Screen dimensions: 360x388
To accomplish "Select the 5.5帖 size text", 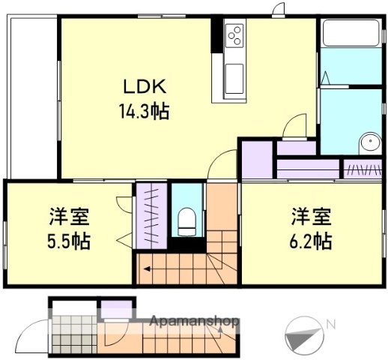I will (x=70, y=242).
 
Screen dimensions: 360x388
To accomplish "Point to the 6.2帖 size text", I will (x=311, y=242).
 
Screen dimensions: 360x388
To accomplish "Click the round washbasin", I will (x=369, y=145).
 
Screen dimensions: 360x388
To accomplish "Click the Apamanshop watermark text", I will (x=195, y=321).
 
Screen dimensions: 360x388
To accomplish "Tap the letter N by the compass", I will (x=330, y=323).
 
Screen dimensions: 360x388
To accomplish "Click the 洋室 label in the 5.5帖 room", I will (x=70, y=217).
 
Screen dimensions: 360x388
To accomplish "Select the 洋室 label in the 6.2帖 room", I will (x=311, y=217).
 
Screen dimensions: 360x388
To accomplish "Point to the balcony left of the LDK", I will (x=32, y=97).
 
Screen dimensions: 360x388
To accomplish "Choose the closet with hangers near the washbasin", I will (x=363, y=169).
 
